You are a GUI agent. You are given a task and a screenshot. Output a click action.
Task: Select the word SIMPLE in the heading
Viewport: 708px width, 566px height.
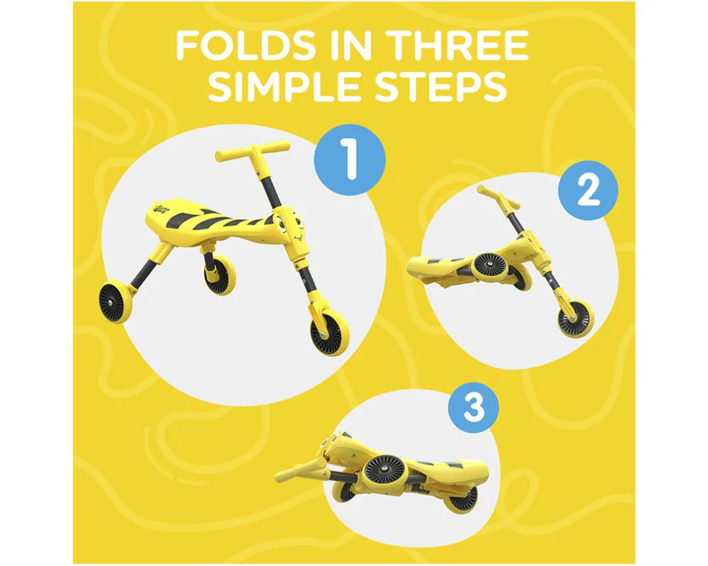point(283,86)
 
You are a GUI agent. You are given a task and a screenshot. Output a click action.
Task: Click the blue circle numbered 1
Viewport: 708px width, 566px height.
point(350,160)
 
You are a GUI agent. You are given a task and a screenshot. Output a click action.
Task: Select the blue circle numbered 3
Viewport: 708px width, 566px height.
point(473,406)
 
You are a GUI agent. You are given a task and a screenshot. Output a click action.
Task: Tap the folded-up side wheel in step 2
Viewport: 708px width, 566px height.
point(491,265)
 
